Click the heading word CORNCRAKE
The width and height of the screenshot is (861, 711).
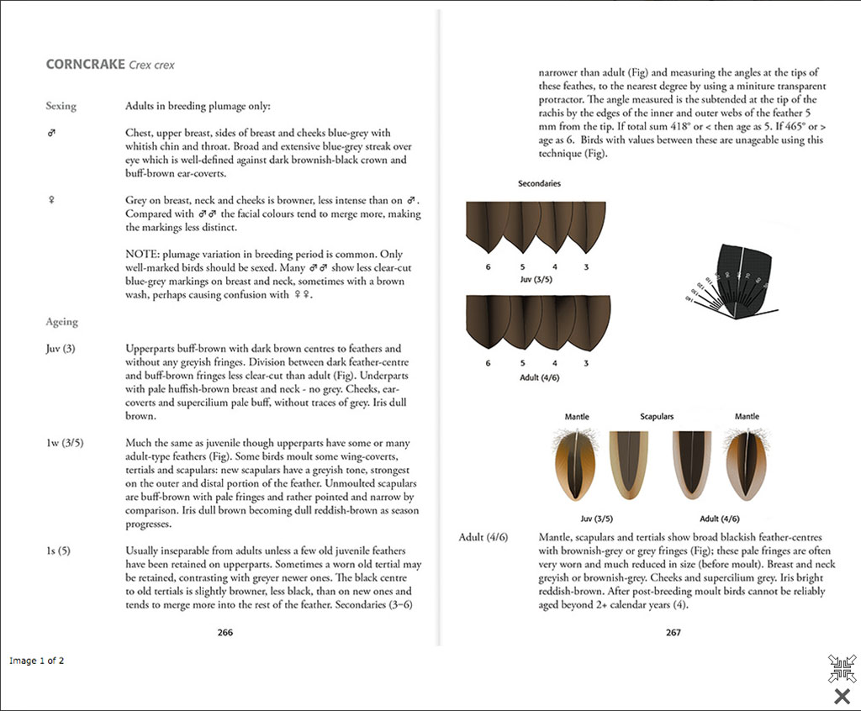[84, 64]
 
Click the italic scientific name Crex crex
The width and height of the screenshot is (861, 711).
[152, 65]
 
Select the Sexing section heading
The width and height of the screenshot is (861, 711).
[61, 107]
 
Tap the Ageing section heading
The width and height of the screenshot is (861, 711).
[62, 322]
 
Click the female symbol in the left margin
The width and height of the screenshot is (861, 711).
[52, 200]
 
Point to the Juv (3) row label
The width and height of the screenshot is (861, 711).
[61, 349]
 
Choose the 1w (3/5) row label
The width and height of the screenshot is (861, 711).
[65, 443]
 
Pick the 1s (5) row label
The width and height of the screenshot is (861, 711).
[58, 550]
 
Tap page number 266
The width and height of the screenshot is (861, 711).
[224, 632]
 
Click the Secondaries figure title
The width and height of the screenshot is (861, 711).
[539, 183]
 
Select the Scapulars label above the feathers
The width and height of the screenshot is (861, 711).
[657, 417]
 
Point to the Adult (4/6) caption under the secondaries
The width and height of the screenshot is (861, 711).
[539, 377]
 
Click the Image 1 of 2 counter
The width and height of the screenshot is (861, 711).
[37, 661]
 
